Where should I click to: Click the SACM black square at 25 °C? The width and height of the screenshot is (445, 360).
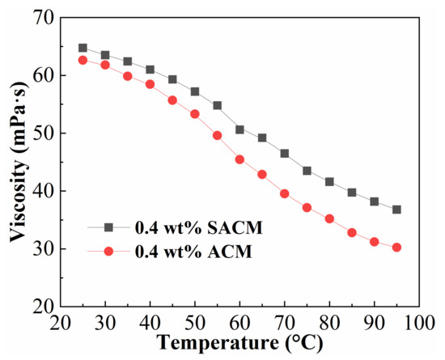pos(83,48)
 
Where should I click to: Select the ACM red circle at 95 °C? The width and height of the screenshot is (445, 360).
pos(396,248)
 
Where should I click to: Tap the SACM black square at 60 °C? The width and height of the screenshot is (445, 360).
pos(239,129)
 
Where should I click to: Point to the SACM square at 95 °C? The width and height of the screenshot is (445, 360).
pos(396,210)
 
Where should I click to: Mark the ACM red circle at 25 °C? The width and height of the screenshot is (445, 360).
pos(83,60)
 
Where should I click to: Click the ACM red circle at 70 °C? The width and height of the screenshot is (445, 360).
pos(284,193)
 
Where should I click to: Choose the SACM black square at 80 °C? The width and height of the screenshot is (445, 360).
pos(329,181)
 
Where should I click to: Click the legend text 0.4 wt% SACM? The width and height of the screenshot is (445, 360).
pos(191,230)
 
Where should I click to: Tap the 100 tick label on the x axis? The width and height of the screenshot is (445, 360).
pos(418,323)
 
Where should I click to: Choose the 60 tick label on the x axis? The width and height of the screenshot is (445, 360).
pos(240,323)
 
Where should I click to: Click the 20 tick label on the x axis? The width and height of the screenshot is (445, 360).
pos(61,323)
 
